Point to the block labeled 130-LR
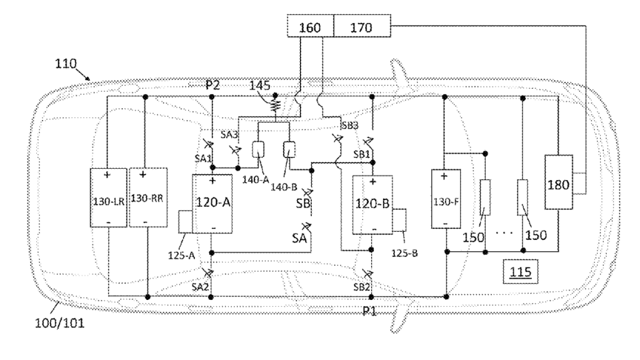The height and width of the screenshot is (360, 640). pyautogui.click(x=109, y=198)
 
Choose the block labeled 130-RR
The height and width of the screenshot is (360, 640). pyautogui.click(x=146, y=198)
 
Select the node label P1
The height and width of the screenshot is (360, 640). pyautogui.click(x=371, y=310)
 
